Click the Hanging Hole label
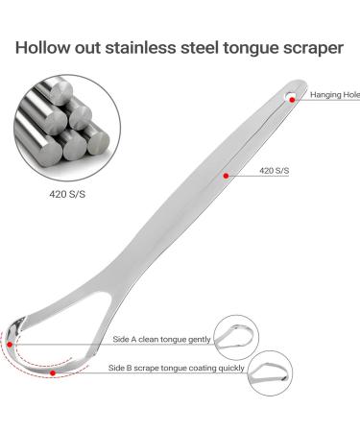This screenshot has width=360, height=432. point(332,95)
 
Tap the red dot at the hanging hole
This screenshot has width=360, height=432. point(291,94)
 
